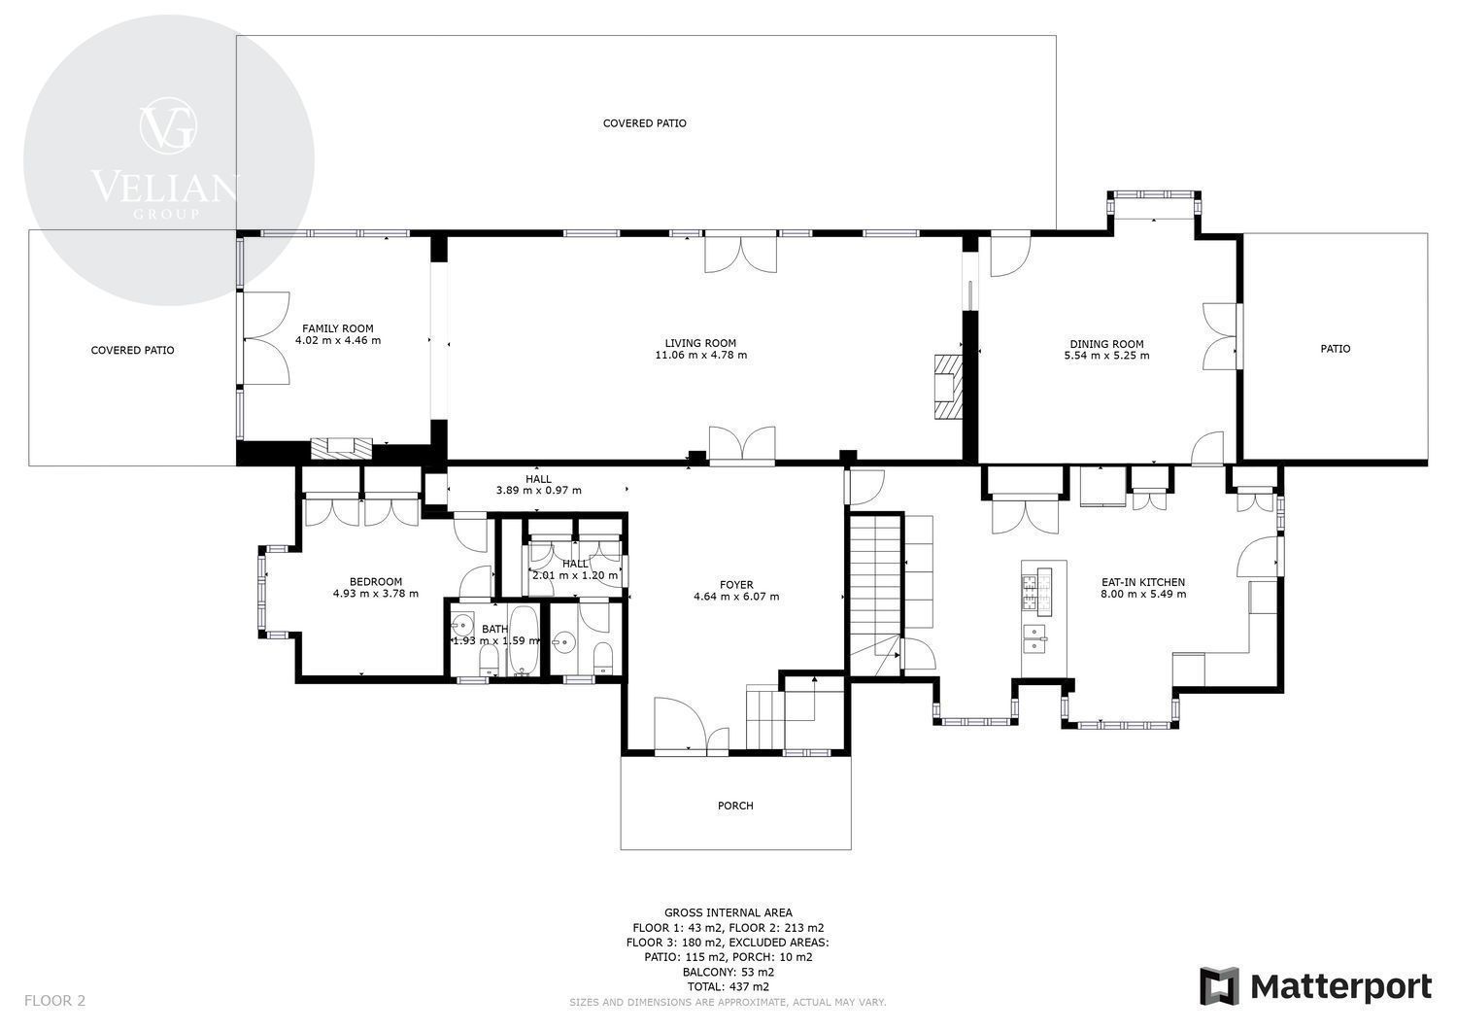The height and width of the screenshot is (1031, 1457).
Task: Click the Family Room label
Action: [338, 328]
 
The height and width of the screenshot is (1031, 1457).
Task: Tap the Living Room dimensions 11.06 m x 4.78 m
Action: [700, 355]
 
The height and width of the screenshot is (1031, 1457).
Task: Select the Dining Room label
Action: [1106, 344]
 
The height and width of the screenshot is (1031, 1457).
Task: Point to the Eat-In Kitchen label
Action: [1143, 582]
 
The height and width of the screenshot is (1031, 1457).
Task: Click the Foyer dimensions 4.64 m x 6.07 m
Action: [736, 597]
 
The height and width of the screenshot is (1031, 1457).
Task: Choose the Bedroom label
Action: [376, 582]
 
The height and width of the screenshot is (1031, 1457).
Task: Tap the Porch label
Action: [735, 806]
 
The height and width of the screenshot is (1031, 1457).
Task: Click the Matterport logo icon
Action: [1218, 986]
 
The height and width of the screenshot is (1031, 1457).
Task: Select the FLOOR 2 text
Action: [54, 1001]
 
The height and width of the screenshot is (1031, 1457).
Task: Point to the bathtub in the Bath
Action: [523, 640]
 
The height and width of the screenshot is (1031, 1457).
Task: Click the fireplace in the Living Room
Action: [948, 387]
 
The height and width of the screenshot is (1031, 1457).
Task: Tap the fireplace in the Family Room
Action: [342, 448]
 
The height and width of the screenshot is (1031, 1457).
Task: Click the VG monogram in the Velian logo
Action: [168, 126]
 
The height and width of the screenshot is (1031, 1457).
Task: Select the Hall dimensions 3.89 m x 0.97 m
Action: [538, 490]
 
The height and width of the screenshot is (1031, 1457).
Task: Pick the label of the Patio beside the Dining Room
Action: [1336, 349]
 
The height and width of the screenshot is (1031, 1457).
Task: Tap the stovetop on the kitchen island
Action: [1036, 592]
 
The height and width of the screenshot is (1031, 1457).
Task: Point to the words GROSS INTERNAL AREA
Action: [728, 912]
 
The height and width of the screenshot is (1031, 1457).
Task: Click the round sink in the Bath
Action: [462, 626]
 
